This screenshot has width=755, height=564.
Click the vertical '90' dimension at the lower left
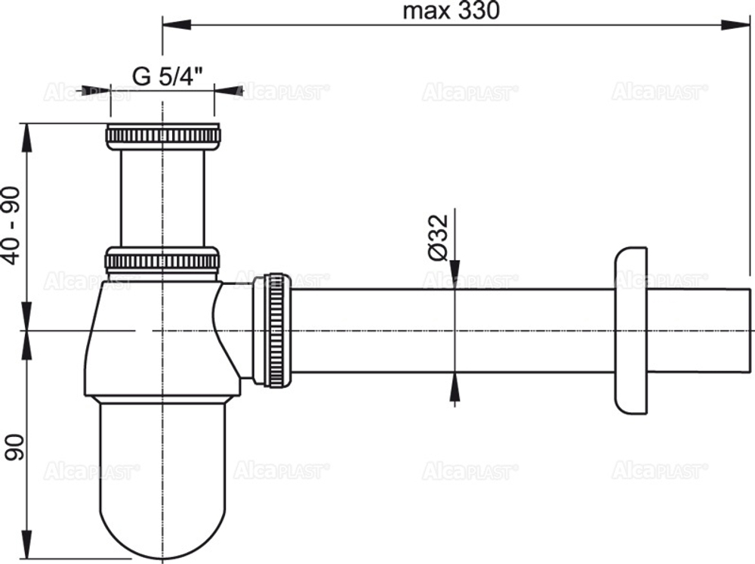coord(11,446)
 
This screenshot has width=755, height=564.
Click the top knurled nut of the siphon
coord(162,136)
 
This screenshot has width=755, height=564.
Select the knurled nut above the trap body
coord(162,260)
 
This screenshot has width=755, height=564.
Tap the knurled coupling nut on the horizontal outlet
coord(276,330)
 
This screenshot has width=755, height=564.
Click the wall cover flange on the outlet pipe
coord(631,330)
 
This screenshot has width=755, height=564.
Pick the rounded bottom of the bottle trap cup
coord(162,514)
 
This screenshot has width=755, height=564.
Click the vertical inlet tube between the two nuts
coord(162,197)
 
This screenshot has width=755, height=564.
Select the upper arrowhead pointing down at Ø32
coord(455,277)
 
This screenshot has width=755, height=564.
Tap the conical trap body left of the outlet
coord(151,340)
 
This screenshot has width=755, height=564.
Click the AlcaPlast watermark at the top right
coord(659,91)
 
